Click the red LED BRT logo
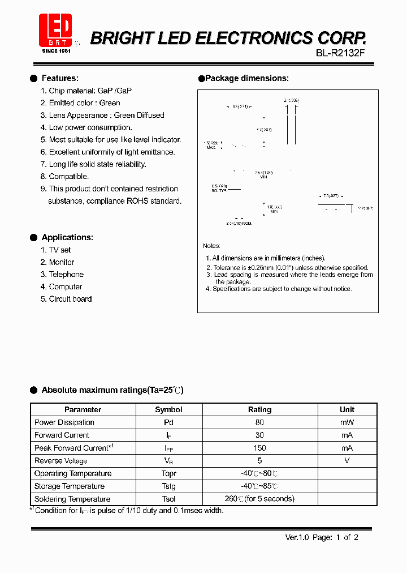[55, 30]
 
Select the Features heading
[60, 78]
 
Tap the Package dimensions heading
[246, 78]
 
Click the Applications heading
[67, 237]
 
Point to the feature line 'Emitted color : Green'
[84, 103]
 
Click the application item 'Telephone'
[66, 275]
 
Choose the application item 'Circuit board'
[70, 299]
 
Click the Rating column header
[259, 409]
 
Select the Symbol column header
[168, 409]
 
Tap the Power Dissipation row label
[64, 422]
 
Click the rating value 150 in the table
[259, 448]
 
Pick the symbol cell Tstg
[168, 486]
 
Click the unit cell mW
[347, 422]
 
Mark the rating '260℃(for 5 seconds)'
[259, 499]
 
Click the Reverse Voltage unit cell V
[347, 460]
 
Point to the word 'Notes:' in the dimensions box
[212, 246]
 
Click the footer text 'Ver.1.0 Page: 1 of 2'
[322, 537]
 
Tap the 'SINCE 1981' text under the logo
[56, 51]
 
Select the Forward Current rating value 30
[259, 435]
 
